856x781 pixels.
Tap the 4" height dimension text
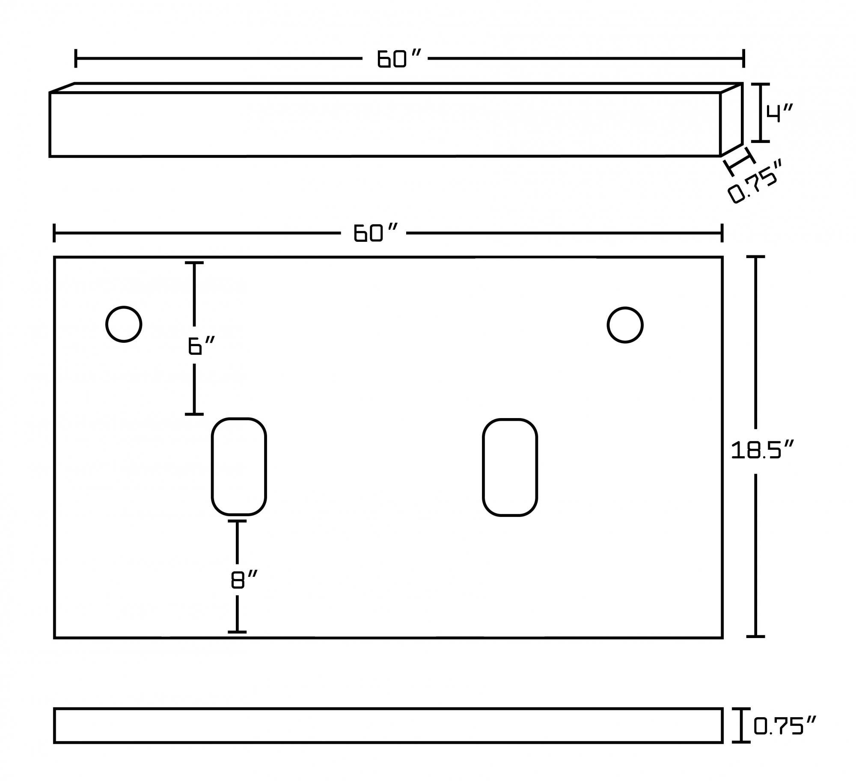point(779,113)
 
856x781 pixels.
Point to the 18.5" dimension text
point(762,451)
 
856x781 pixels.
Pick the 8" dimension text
point(244,580)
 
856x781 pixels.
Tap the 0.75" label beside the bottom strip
point(785,726)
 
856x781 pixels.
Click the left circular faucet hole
point(124,324)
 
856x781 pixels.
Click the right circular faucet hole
point(625,325)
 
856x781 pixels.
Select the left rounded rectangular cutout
point(239,466)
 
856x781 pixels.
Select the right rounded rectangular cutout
point(510,467)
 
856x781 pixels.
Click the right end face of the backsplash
point(731,120)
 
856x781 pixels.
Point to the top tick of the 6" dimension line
point(194,263)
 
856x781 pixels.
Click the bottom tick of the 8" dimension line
point(237,632)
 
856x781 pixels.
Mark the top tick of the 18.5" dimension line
point(755,257)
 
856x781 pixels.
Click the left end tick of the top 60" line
point(76,59)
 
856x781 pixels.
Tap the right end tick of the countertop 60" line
point(722,233)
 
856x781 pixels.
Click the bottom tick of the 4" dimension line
point(760,141)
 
